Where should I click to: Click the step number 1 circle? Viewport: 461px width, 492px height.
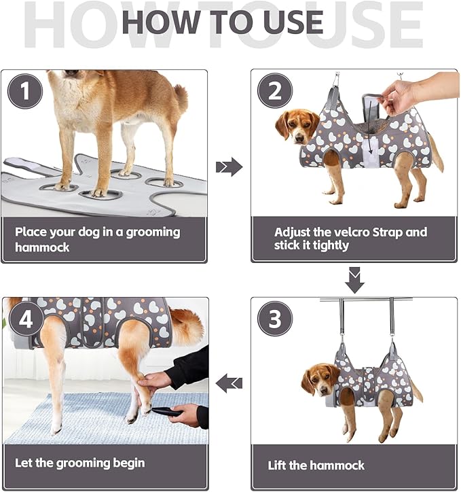(26, 91)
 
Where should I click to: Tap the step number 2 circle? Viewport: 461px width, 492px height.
(275, 91)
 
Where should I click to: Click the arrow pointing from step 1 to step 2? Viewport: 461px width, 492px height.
(229, 166)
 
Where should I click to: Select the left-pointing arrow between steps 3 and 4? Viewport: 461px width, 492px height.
(229, 384)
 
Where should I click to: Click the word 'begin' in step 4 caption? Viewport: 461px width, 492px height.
(126, 463)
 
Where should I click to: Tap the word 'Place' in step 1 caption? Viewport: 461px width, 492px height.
(31, 232)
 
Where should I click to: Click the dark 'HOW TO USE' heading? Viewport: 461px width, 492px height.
(222, 22)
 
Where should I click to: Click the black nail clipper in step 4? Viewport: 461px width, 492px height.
(166, 411)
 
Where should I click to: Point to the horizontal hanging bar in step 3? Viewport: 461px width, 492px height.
(367, 299)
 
